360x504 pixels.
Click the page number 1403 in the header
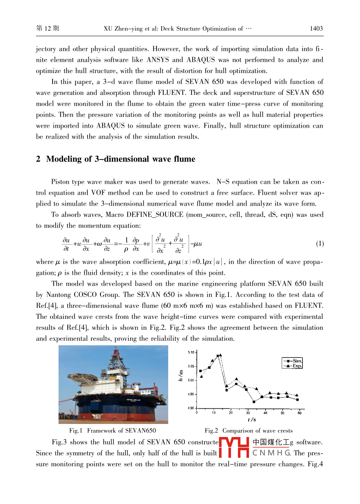pyautogui.click(x=316, y=29)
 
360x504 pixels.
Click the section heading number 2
pyautogui.click(x=38, y=159)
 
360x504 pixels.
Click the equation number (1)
pyautogui.click(x=319, y=244)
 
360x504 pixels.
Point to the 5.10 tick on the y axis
pyautogui.click(x=191, y=352)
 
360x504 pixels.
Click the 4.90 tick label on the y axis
pyautogui.click(x=191, y=408)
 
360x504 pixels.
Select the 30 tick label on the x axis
pyautogui.click(x=248, y=413)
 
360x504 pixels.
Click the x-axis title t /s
pyautogui.click(x=252, y=420)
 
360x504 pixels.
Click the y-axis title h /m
pyautogui.click(x=181, y=376)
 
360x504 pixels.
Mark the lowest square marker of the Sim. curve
pyautogui.click(x=254, y=402)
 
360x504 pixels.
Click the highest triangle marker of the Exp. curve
pyautogui.click(x=220, y=355)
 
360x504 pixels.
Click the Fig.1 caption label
pyautogui.click(x=75, y=431)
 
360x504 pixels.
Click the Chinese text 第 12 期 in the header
pyautogui.click(x=48, y=29)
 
